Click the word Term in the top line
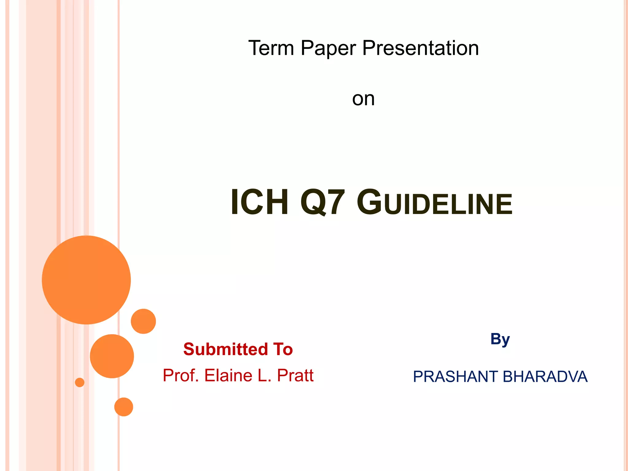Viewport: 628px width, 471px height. [271, 48]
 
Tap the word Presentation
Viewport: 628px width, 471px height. [420, 48]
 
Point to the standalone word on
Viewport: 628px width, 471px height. [363, 99]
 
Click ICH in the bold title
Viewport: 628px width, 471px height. [259, 202]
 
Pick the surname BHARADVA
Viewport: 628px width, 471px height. [545, 377]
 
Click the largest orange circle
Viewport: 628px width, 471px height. [86, 280]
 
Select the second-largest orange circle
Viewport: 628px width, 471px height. [112, 356]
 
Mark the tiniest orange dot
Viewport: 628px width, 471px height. [80, 382]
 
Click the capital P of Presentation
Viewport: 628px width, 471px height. [368, 48]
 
